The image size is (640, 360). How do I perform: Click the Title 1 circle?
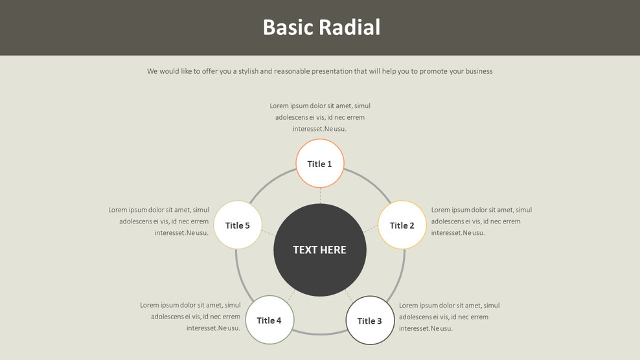(320, 164)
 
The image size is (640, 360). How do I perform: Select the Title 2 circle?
(402, 225)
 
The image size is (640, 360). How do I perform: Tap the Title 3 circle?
(370, 321)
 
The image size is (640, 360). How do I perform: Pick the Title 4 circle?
(269, 320)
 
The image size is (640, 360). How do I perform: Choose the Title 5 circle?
(238, 225)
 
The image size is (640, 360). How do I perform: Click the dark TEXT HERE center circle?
(320, 250)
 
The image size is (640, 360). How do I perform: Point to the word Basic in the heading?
(287, 27)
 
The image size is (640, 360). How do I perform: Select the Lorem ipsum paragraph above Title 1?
(320, 117)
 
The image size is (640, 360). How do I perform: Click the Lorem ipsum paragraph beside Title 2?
(481, 221)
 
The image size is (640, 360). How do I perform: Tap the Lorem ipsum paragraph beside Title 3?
(449, 317)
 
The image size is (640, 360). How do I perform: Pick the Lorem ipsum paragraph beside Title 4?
(190, 317)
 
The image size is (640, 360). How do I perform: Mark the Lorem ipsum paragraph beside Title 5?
(159, 221)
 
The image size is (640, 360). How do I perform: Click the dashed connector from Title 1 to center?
(320, 196)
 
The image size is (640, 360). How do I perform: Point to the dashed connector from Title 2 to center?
(371, 229)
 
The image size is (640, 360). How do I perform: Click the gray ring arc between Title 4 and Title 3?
(320, 334)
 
